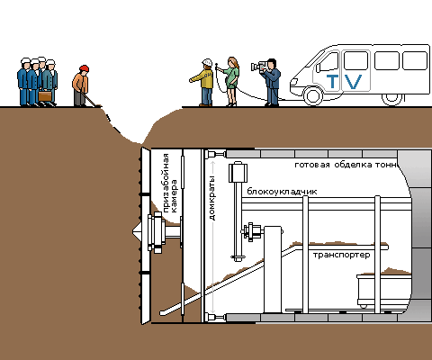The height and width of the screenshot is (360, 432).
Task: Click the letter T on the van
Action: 332,81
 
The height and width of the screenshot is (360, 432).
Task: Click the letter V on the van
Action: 353,82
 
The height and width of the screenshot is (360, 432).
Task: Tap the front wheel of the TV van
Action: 313,95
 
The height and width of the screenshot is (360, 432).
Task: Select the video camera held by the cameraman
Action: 259,66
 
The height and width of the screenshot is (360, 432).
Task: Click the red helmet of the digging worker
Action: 85,68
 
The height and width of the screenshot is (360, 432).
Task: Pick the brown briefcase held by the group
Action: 45,96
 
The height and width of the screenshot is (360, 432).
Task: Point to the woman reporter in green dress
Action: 231,81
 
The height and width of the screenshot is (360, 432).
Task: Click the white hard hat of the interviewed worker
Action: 207,62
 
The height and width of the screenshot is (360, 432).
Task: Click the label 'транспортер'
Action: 342,255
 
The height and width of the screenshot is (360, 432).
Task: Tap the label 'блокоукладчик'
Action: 282,192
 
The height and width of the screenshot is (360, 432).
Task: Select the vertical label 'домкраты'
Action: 212,198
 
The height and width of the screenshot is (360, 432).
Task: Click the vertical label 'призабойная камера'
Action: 170,184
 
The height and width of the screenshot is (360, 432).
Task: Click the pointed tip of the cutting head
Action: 133,231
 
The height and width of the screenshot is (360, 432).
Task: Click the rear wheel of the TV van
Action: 391,98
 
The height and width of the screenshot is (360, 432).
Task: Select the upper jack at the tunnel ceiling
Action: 216,154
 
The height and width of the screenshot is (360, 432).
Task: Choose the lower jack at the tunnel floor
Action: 216,318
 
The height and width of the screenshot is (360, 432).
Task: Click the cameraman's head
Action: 272,64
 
